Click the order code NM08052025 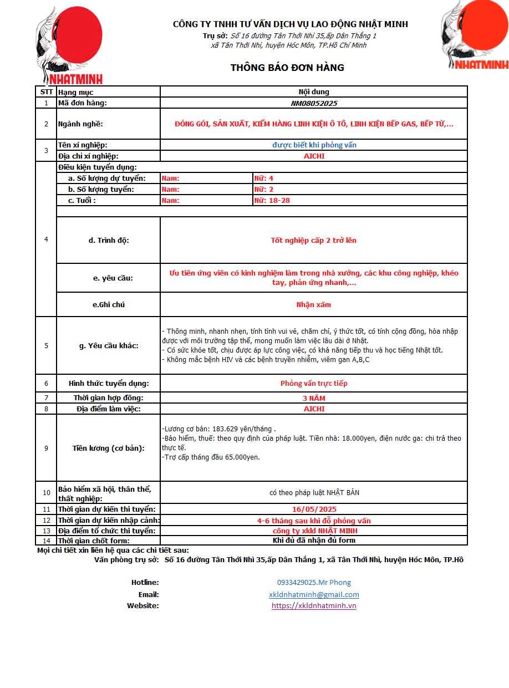(314, 103)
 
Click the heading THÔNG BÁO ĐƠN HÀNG (287, 68)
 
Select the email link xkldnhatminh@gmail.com (314, 594)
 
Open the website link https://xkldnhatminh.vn (314, 605)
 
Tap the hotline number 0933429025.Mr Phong (314, 583)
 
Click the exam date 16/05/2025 (314, 509)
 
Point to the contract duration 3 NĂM (314, 398)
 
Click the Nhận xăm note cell (314, 304)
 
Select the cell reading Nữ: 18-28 (272, 200)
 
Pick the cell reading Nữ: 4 (264, 178)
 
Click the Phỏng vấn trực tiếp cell (314, 383)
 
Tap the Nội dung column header (314, 92)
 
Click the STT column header (47, 92)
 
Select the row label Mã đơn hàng (83, 103)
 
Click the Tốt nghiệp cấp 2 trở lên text (314, 240)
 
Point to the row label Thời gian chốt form (94, 541)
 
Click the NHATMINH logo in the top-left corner (69, 44)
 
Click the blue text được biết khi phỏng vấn (314, 145)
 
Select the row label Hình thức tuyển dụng (109, 383)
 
